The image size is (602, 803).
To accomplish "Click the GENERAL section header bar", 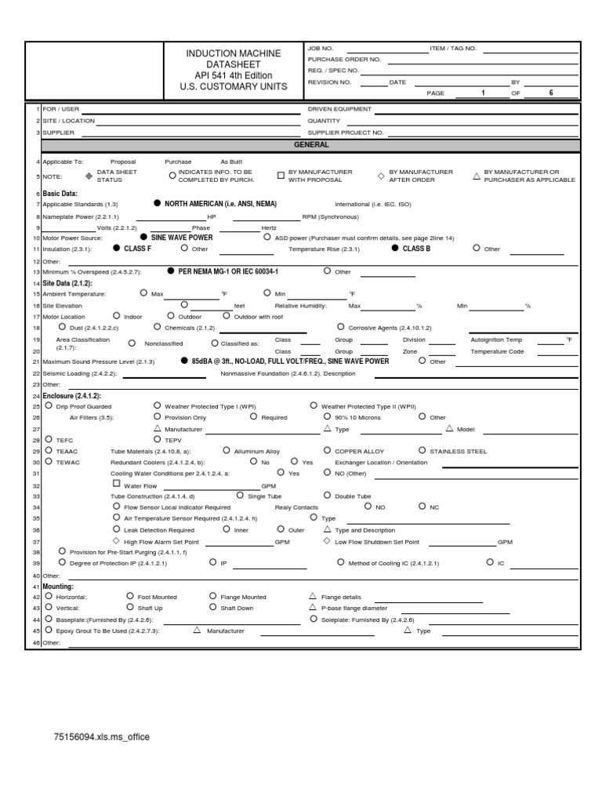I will point(311,145).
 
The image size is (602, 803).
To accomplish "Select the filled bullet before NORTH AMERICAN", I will point(157,203).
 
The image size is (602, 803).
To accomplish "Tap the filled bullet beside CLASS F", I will point(117,248).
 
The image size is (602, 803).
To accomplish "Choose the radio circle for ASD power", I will point(267,236).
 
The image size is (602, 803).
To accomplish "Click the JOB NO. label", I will point(321,49).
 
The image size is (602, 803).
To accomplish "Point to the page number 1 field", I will point(483,93).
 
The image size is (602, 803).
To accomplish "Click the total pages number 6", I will point(551,93).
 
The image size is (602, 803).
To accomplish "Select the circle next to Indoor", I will point(116,316).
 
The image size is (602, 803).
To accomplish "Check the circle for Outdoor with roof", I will point(227,316).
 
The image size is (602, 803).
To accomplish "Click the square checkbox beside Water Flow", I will point(117,485).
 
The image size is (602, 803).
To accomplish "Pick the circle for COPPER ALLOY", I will point(327,451).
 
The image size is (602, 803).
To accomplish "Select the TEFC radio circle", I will point(49,440).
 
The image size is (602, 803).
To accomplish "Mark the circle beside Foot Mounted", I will point(130,597).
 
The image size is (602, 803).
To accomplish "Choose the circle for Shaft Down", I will point(213,607).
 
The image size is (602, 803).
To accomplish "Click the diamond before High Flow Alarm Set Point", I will point(117,541).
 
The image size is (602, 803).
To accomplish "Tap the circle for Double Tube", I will point(327,496).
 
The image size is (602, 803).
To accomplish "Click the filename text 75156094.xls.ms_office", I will point(101,737).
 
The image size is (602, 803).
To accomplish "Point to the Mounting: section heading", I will point(58,586).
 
